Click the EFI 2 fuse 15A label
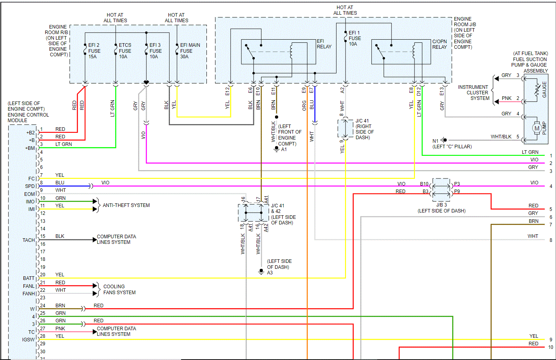pyautogui.click(x=94, y=51)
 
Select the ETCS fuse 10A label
pyautogui.click(x=125, y=51)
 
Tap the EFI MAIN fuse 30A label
pyautogui.click(x=190, y=51)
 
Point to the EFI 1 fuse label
pyautogui.click(x=355, y=38)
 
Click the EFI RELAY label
pyautogui.click(x=324, y=44)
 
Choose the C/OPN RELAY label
pyautogui.click(x=439, y=44)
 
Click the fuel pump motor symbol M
pyautogui.click(x=537, y=128)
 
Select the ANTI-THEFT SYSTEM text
pyautogui.click(x=126, y=205)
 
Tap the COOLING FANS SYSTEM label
pyautogui.click(x=119, y=289)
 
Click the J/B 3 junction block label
pyautogui.click(x=441, y=205)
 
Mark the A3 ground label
pyautogui.click(x=270, y=273)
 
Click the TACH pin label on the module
pyautogui.click(x=29, y=240)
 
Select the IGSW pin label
pyautogui.click(x=28, y=340)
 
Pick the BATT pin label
pyautogui.click(x=29, y=278)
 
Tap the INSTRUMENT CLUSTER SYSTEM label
pyautogui.click(x=473, y=93)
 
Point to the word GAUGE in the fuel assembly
pyautogui.click(x=544, y=90)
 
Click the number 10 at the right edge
pyautogui.click(x=550, y=347)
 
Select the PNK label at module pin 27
pyautogui.click(x=60, y=329)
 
